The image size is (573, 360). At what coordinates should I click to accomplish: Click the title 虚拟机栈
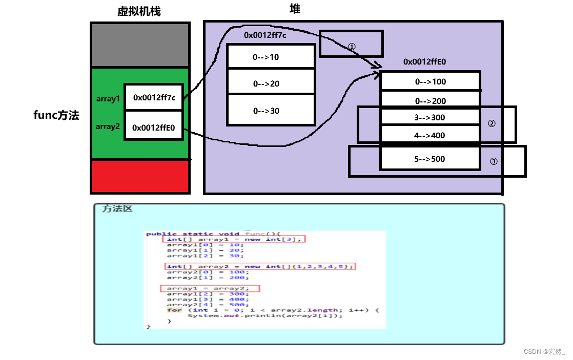139,11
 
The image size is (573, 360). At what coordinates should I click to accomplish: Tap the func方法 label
56,115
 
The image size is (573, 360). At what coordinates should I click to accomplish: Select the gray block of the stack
140,45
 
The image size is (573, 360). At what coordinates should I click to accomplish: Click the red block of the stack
140,176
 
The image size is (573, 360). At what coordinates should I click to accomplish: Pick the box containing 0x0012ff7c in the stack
154,97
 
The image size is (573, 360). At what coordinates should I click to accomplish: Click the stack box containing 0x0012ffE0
154,128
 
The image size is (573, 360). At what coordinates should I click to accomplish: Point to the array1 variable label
108,99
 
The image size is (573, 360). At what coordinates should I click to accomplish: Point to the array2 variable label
108,126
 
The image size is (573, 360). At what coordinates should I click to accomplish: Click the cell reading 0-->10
271,57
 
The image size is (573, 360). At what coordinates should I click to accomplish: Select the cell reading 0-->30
271,111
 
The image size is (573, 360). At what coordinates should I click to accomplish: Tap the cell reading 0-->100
430,81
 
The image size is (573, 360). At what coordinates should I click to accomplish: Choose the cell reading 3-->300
430,117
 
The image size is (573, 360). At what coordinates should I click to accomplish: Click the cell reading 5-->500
430,159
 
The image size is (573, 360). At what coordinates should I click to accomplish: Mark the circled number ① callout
352,46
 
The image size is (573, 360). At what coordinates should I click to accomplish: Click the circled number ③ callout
494,161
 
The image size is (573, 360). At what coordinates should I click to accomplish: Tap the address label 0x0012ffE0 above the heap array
425,61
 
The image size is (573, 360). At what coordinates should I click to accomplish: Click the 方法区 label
117,209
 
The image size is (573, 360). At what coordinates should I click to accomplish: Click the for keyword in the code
174,310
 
